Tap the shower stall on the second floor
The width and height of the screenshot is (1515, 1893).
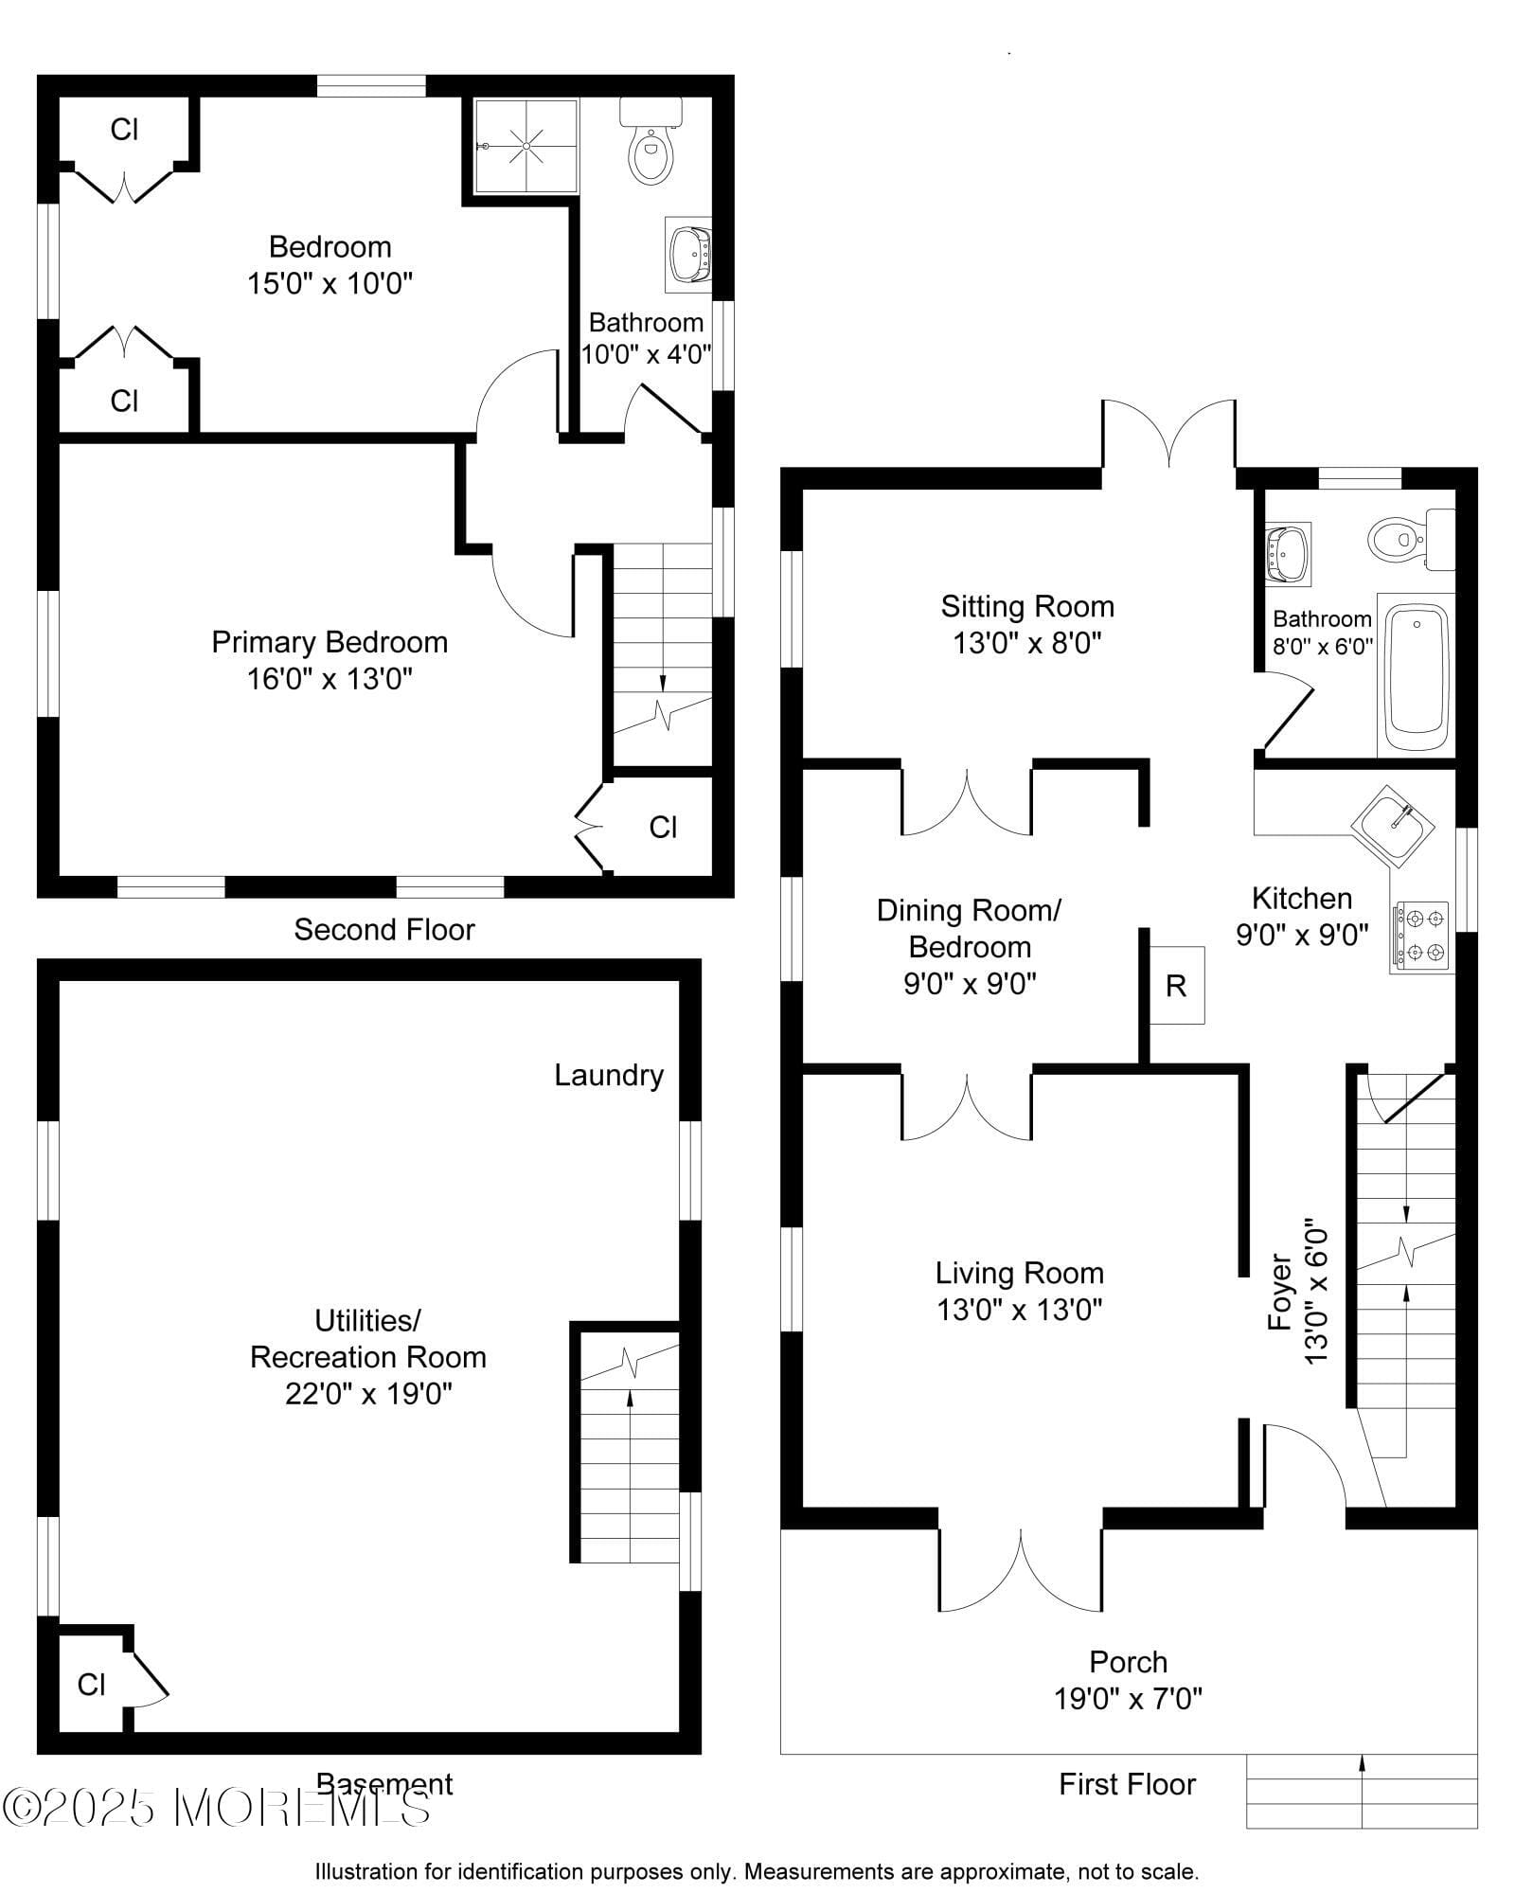coord(526,146)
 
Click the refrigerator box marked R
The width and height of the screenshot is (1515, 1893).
coord(1176,985)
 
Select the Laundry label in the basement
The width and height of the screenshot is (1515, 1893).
coord(609,1075)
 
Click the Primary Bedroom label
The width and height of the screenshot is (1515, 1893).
coord(330,642)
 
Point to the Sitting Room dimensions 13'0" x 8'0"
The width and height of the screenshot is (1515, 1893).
coord(1027,644)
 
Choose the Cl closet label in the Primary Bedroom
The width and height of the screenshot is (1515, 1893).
coord(663,828)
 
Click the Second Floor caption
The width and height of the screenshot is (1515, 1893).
coord(384,930)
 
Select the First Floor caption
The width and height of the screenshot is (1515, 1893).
coord(1128,1784)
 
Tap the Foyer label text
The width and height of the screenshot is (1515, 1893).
coord(1280,1292)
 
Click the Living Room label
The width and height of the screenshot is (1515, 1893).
coord(1020,1273)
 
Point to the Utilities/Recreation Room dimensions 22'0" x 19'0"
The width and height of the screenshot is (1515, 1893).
coord(368,1394)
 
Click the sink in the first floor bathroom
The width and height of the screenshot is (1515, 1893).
coord(1288,554)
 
